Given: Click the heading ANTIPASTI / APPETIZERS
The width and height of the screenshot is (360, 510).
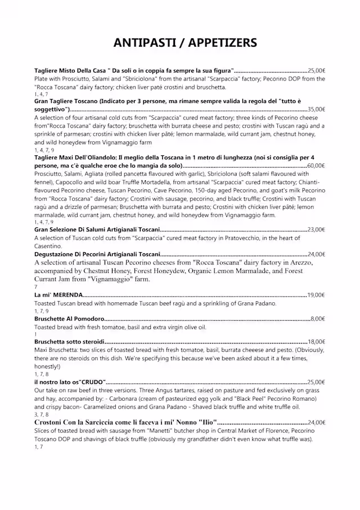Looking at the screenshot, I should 185,43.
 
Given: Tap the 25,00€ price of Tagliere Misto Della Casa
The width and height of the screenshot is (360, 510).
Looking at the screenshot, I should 316,71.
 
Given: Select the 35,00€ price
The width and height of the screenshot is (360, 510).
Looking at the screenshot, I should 316,109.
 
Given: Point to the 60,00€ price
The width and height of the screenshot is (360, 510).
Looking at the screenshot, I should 316,166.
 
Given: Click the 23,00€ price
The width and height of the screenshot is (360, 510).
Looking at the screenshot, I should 316,230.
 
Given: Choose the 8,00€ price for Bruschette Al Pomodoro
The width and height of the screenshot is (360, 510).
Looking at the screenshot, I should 318,319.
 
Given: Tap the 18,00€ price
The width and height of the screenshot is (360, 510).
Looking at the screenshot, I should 316,342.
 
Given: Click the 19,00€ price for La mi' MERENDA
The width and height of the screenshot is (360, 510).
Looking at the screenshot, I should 316,295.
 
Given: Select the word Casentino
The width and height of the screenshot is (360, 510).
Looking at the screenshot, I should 49,246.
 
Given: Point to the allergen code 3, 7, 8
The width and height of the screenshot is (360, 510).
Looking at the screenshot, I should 41,414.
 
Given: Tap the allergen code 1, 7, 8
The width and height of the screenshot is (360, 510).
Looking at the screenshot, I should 41,374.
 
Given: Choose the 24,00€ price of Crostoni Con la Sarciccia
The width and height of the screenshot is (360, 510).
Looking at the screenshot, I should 316,422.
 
